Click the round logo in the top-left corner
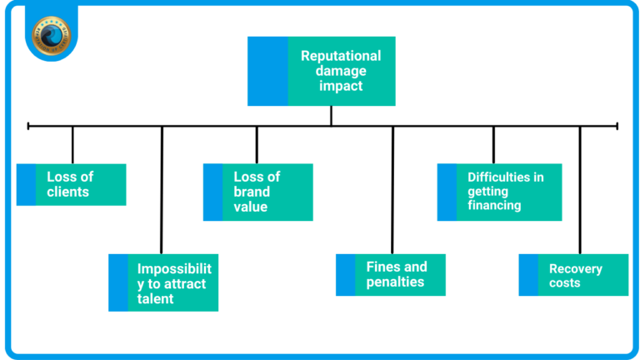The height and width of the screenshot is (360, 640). coord(52,33)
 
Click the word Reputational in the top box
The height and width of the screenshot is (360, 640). coord(341,56)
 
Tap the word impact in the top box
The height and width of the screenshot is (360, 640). coord(341,86)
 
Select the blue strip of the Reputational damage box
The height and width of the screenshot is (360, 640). coord(267,71)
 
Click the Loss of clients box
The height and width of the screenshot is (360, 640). coord(72,184)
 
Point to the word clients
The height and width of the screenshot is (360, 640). coord(68,192)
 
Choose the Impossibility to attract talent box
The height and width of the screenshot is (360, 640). coord(164,282)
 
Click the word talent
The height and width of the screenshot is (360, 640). coord(156,298)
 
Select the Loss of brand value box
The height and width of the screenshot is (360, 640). coord(258,192)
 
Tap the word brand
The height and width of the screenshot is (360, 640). coord(252,192)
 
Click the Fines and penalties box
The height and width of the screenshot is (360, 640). coord(391,274)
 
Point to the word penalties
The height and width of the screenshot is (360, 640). coord(395,282)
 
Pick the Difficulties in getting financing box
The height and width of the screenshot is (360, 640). coord(500,192)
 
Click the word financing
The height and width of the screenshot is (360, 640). coord(494,206)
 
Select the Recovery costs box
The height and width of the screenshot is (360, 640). coord(574,275)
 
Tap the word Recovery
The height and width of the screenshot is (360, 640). coord(575,268)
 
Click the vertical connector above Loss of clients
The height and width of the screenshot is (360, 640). coord(72,144)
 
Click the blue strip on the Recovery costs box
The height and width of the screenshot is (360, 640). coord(528,275)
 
